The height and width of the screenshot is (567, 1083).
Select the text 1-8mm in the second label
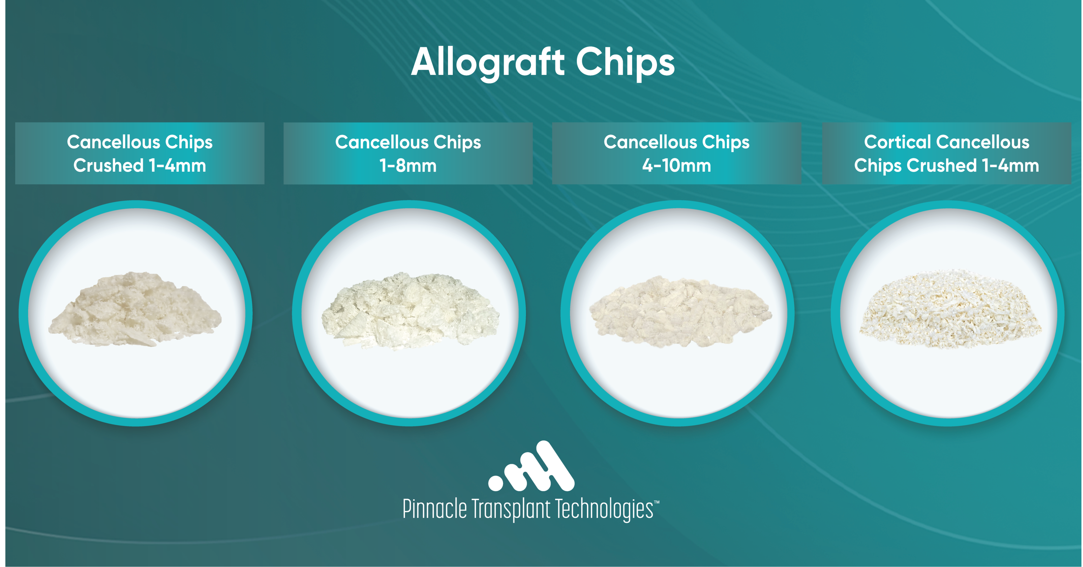click(x=408, y=166)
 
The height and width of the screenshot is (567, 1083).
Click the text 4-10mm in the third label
click(x=676, y=166)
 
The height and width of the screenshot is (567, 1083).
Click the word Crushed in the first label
click(x=109, y=166)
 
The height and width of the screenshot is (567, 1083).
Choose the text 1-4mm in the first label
click(x=177, y=166)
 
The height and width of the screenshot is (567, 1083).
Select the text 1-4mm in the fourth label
click(x=1010, y=166)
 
